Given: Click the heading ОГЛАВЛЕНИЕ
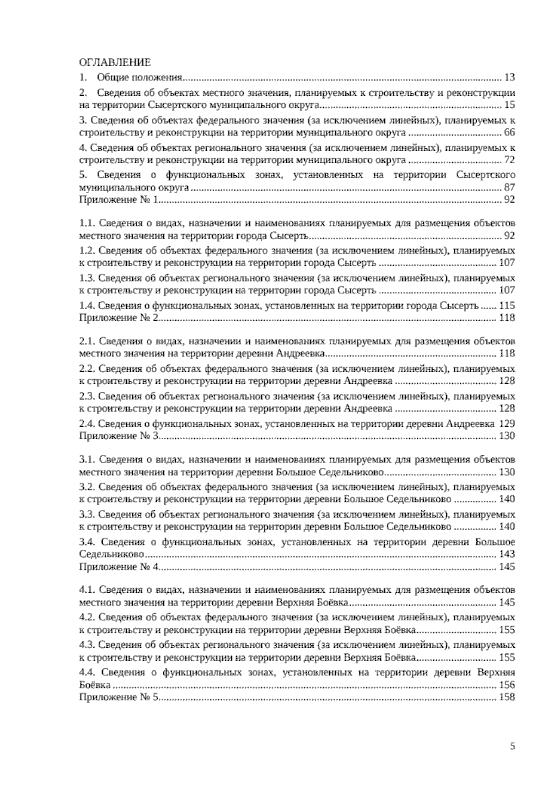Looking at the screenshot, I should coord(115,63).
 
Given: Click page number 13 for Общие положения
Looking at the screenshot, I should coord(510,77).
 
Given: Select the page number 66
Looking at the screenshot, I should coord(510,133).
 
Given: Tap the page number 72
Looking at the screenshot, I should coord(510,160).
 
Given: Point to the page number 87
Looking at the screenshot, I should coord(510,188).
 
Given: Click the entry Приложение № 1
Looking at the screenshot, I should coord(119,200).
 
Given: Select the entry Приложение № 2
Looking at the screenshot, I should coord(119,318).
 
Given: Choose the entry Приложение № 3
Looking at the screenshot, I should coord(119,436).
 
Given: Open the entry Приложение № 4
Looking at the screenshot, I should coord(119,567).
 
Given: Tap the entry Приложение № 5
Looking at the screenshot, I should coord(119,698).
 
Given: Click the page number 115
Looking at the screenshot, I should coord(507,306).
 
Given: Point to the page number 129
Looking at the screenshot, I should coord(507,423).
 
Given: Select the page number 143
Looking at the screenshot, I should coord(507,554).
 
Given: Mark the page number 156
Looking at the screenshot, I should coord(507,685).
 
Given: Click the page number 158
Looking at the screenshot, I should coord(507,698).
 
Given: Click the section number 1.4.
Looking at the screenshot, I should coord(87,306).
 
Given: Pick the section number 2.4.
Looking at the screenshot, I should coord(87,423).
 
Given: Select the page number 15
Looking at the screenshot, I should coord(510,105).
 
